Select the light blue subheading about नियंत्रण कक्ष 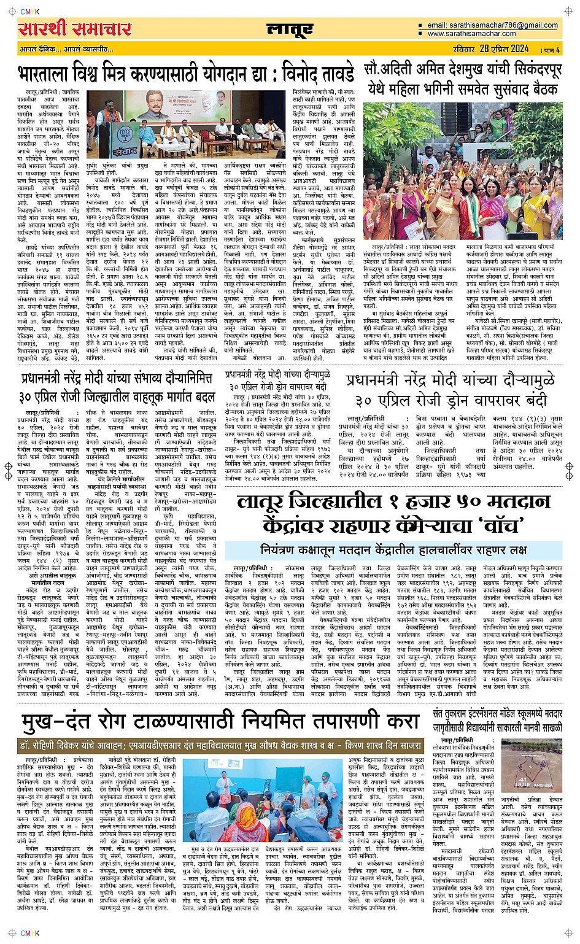pyautogui.click(x=393, y=548)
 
